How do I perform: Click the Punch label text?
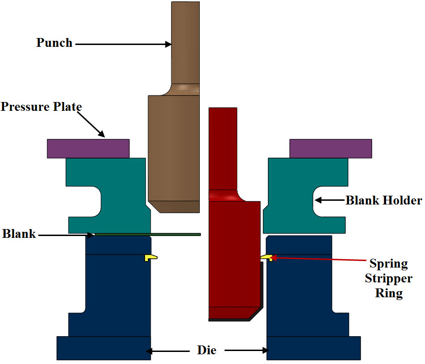click(x=55, y=43)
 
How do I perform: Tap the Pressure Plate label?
click(x=41, y=107)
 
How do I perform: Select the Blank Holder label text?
click(x=384, y=201)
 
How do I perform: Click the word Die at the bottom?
click(x=207, y=350)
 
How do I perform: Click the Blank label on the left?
click(x=19, y=234)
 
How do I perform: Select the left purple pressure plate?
click(x=88, y=148)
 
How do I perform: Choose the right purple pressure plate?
click(x=330, y=148)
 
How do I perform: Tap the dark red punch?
click(x=232, y=250)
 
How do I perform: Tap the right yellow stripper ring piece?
click(x=267, y=257)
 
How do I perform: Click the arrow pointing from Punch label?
click(x=123, y=45)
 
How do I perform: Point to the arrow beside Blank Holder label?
click(x=329, y=200)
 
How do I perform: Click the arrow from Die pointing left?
click(x=170, y=351)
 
